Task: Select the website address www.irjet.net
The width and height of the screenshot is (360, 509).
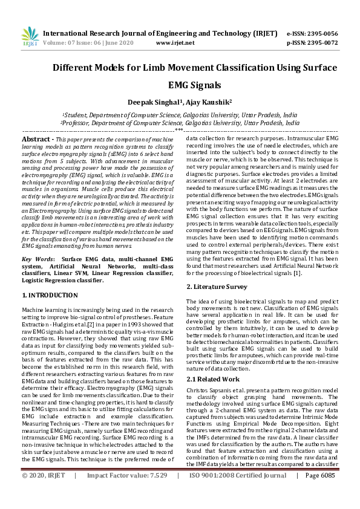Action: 175,43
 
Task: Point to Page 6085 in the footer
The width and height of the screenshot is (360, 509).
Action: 320,493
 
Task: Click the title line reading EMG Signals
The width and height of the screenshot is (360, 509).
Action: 180,86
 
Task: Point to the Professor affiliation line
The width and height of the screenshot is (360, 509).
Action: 180,122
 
